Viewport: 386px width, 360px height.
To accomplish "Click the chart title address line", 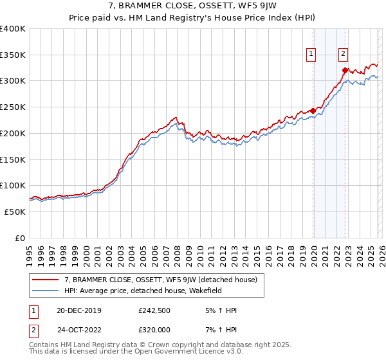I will tap(192, 8).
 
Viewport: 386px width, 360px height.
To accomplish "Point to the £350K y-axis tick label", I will tap(13, 55).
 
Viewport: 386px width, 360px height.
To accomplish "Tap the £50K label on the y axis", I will tap(15, 212).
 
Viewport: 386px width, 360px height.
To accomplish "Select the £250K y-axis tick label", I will tap(13, 107).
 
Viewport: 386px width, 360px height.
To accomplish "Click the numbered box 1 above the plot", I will tap(311, 55).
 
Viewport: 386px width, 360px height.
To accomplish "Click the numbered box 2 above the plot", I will tap(344, 55).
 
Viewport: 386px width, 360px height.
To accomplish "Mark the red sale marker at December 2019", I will tap(313, 111).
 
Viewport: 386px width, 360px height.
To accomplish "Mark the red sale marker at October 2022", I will tap(345, 70).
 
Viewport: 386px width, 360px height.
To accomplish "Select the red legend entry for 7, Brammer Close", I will tap(161, 280).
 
